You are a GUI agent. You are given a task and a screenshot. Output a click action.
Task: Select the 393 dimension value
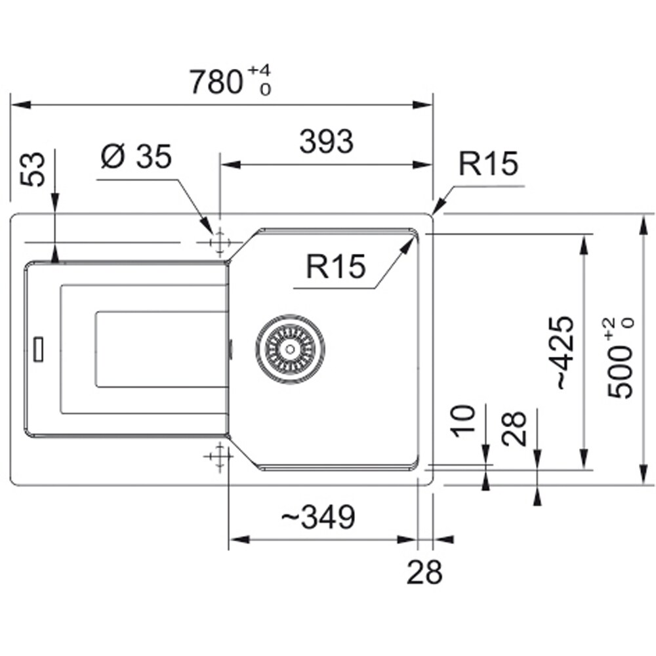point(326,142)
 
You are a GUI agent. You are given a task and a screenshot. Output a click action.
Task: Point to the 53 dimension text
point(33,169)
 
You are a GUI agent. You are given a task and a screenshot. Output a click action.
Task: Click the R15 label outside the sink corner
point(488,165)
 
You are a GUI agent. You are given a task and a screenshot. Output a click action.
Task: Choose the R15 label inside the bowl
point(335,266)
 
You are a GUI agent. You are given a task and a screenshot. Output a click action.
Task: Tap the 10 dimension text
point(464,421)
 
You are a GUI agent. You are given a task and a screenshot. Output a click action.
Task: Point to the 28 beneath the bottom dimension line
point(424,573)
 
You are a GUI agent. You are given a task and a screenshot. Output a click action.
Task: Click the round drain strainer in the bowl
point(290,348)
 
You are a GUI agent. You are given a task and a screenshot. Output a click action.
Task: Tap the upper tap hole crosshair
point(219,242)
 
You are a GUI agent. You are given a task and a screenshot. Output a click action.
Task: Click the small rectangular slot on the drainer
point(39,348)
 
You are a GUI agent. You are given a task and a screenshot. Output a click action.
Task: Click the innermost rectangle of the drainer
point(161,348)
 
